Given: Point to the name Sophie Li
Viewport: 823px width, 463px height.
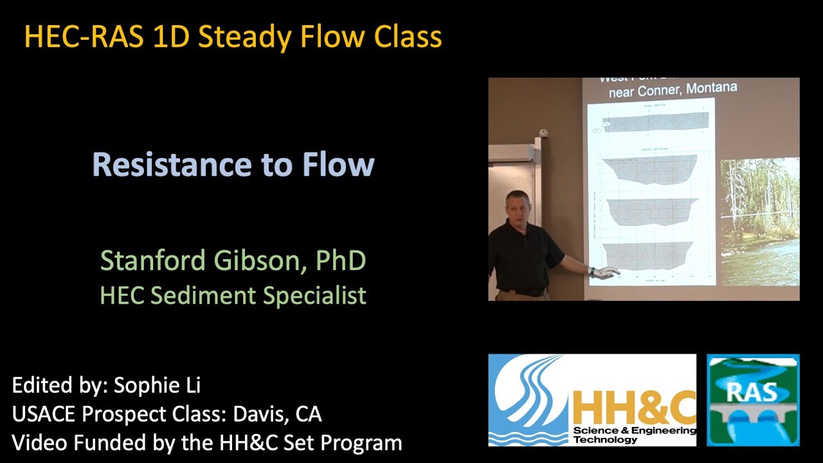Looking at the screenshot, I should tap(157, 385).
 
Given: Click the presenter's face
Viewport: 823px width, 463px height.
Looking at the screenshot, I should tap(518, 209).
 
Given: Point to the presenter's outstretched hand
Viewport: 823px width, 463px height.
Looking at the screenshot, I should tap(604, 273).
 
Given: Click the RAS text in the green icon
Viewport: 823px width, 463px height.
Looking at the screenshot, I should tap(752, 392).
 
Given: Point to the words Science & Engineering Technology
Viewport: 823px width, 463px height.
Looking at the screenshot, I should tap(633, 435).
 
